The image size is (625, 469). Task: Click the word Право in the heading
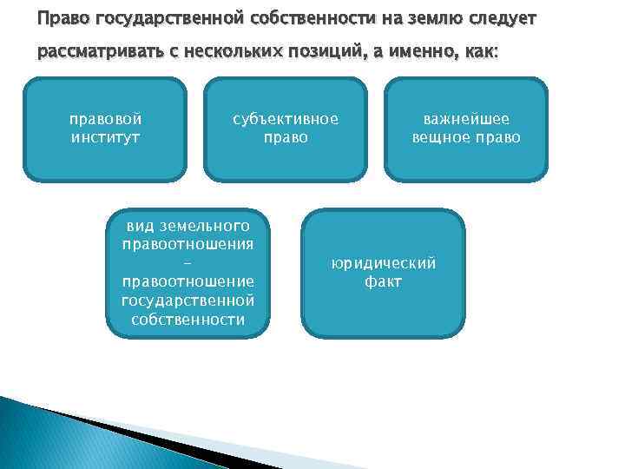pos(59,19)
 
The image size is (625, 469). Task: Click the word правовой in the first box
pos(105,119)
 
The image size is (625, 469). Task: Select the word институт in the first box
pos(105,137)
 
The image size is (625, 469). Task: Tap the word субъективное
pos(285,119)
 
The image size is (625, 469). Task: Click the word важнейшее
pos(466,119)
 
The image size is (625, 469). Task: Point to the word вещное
pos(442,137)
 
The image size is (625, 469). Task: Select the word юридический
pos(383,263)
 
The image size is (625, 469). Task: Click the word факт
pos(383,281)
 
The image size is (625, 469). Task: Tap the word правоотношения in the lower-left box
pos(188,244)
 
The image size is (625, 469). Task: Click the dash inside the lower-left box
pos(188,263)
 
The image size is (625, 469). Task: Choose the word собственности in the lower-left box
pos(188,319)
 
